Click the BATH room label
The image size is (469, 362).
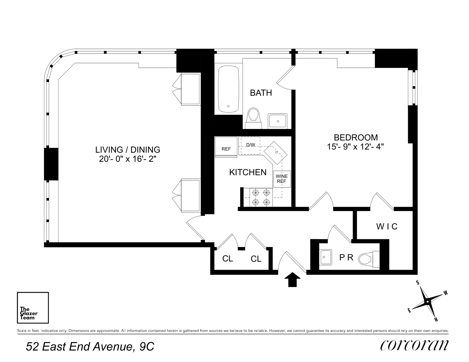261,93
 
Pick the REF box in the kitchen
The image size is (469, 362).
226,147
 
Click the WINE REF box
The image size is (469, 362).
282,179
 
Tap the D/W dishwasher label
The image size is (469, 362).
251,145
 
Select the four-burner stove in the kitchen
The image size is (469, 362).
261,197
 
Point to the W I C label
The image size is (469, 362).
387,227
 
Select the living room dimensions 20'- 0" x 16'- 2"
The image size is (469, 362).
128,159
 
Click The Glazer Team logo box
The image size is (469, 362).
33,308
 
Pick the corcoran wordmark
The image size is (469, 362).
414,345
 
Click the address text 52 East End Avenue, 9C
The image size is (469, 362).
90,346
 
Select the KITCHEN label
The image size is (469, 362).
248,172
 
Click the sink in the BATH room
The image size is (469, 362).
278,121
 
